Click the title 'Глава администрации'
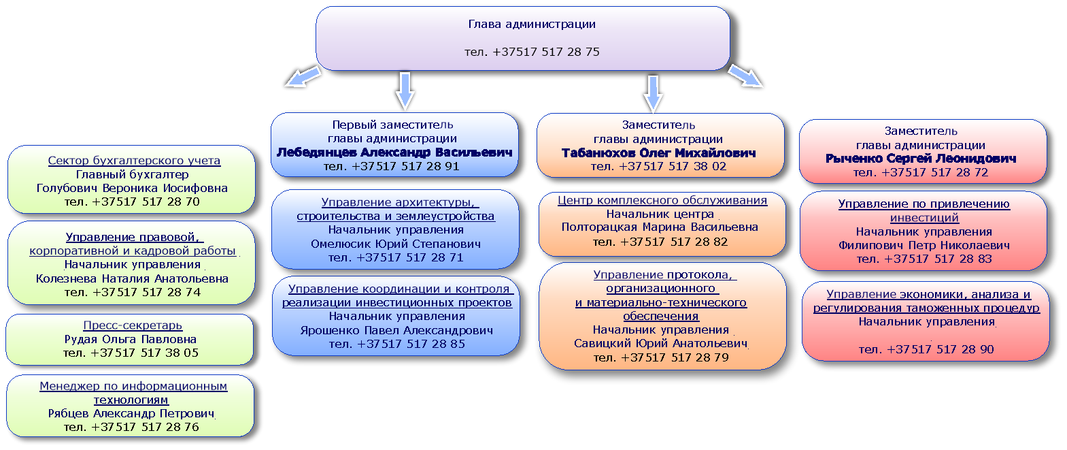532,25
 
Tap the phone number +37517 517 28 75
546,52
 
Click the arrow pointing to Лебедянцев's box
405,91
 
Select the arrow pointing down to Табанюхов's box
653,94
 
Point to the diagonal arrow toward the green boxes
303,76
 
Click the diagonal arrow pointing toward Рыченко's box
745,76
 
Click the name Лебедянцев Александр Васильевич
394,152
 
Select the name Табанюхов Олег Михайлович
658,153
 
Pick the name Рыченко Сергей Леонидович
921,159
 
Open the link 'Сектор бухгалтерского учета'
134,161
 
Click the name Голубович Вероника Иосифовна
132,189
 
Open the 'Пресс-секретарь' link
133,325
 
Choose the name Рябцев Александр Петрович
131,413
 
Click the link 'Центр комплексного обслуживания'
662,201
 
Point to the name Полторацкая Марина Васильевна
660,227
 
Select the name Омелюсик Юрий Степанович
395,244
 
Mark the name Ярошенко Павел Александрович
396,330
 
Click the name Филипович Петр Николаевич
924,246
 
